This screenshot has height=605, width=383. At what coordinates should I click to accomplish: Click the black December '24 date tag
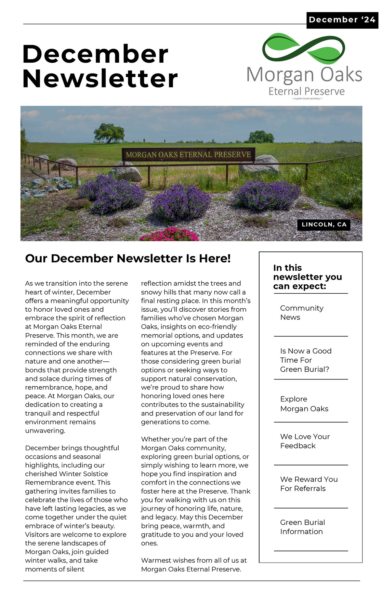[x=342, y=20]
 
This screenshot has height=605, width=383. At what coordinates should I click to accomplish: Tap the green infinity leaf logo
[x=304, y=49]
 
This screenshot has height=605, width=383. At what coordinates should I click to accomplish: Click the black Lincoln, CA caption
[x=324, y=224]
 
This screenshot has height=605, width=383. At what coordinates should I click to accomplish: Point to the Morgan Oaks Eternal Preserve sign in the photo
[x=188, y=155]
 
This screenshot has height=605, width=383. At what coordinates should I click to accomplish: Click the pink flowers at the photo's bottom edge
[x=169, y=235]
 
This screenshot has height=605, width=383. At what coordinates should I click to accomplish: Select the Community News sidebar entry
[x=302, y=313]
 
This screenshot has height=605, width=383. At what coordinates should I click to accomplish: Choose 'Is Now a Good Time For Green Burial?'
[x=305, y=360]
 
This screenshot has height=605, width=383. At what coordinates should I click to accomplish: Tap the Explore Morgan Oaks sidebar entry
[x=304, y=404]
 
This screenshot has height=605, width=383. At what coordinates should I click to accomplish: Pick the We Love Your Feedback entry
[x=305, y=441]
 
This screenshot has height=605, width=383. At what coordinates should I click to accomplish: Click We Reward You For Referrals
[x=309, y=484]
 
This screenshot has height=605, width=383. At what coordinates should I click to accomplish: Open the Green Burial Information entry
[x=302, y=527]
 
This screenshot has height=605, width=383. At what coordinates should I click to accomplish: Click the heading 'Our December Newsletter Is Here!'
[x=128, y=258]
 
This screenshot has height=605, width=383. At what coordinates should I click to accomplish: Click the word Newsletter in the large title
[x=100, y=79]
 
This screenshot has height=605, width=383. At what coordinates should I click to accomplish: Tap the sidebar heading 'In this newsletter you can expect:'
[x=307, y=277]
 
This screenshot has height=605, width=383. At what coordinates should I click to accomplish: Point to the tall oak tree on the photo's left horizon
[x=109, y=132]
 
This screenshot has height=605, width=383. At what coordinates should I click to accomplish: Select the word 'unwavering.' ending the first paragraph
[x=45, y=430]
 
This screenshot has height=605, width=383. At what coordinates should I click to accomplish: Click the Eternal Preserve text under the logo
[x=306, y=91]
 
